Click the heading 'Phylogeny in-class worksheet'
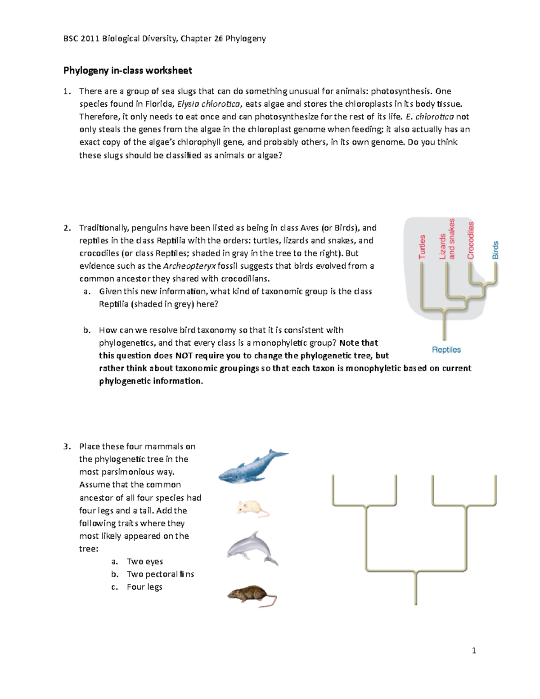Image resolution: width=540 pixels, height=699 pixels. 127,70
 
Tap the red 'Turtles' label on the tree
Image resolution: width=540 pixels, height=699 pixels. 422,247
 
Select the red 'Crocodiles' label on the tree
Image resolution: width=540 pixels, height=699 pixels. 471,240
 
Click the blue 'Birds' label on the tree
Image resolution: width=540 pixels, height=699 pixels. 495,250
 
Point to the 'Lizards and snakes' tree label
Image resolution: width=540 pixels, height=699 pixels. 447,239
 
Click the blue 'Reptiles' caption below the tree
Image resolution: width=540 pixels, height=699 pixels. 446,350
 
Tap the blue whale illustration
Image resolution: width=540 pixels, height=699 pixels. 252,467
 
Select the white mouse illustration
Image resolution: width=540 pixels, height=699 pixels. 252,508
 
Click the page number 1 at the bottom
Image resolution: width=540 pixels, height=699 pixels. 474,650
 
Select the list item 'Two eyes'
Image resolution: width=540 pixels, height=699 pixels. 144,561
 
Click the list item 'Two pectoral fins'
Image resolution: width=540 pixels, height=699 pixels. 160,574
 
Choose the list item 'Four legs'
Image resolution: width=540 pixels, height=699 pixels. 144,587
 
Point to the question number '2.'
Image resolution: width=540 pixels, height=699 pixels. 67,228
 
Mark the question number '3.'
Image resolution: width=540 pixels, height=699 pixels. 67,446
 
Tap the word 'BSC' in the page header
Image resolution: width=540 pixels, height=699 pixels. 71,39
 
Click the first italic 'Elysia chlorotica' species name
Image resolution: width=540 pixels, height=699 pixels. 209,104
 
